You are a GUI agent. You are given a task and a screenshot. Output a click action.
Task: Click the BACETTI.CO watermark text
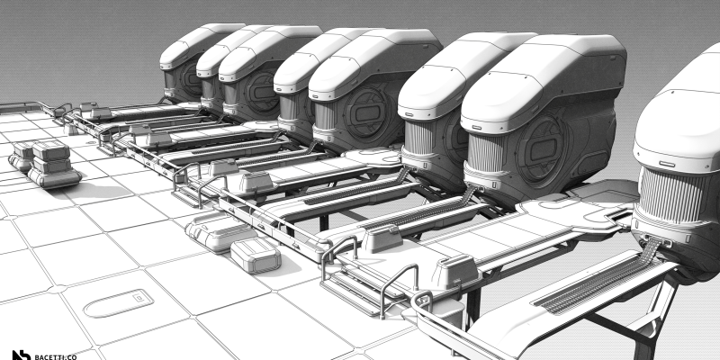coord(56,356)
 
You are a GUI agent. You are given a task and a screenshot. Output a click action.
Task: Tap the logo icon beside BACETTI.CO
coord(21,355)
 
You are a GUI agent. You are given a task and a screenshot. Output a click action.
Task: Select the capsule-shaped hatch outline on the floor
coord(118,303)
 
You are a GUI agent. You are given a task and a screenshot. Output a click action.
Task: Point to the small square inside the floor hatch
coord(138,298)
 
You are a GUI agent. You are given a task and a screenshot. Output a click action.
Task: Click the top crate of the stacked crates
coord(50,150)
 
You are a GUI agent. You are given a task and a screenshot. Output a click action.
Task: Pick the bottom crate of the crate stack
coord(54,176)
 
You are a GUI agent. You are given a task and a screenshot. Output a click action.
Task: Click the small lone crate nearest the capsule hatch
coord(256,256)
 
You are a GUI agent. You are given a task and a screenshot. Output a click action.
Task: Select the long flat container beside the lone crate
coord(219,230)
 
